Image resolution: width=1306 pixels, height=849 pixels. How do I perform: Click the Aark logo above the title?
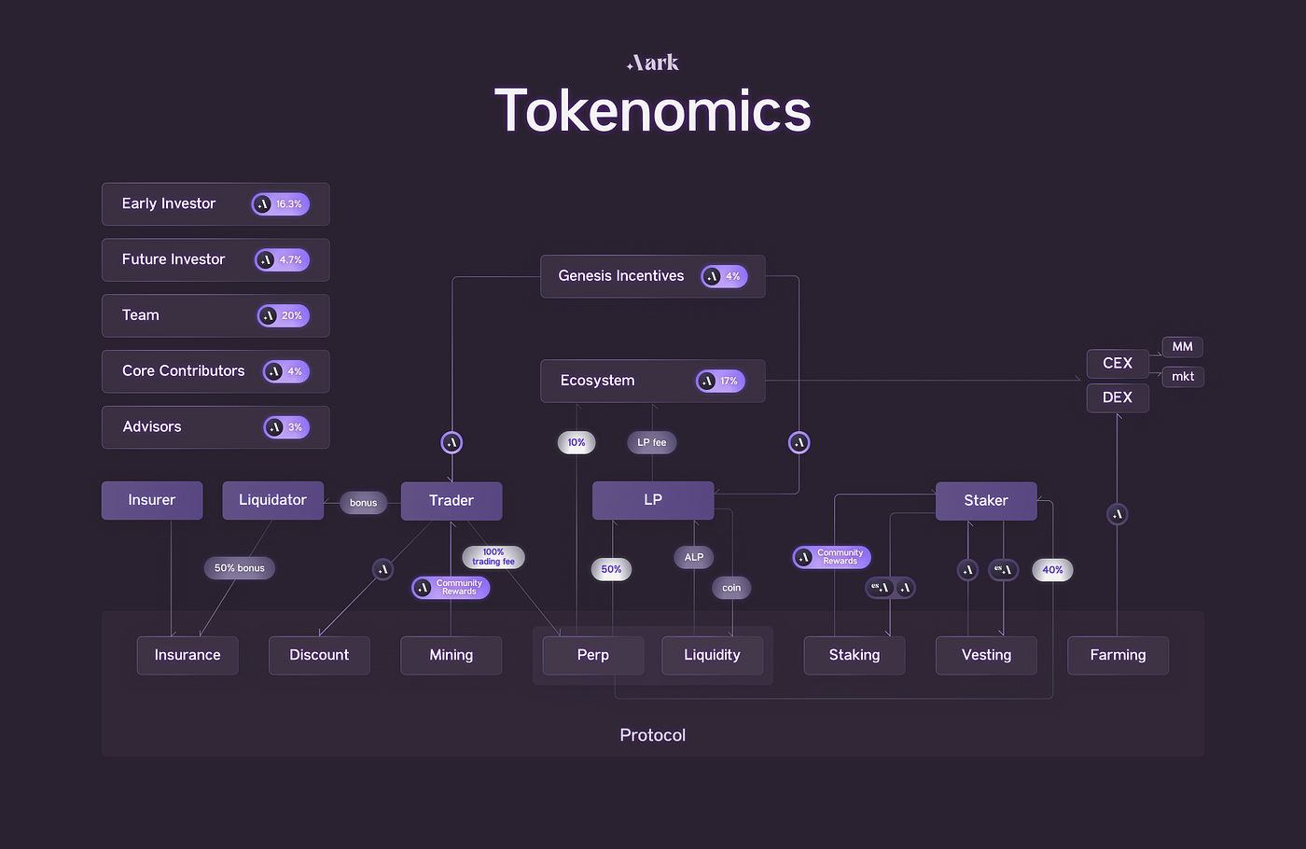(x=653, y=63)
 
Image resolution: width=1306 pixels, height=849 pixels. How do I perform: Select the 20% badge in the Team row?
(x=284, y=315)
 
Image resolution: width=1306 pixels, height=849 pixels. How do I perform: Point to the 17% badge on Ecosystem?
(x=720, y=381)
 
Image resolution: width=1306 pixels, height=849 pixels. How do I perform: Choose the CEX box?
(x=1117, y=363)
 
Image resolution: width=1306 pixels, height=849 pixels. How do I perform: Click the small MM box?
(x=1182, y=346)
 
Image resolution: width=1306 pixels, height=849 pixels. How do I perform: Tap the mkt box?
(x=1182, y=376)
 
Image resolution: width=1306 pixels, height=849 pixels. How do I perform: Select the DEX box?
(x=1117, y=397)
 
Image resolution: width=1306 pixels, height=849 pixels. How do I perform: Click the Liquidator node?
(x=272, y=500)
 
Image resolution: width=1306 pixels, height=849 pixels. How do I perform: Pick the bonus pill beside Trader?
(x=363, y=503)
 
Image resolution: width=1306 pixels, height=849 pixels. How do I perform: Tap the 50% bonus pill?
(x=239, y=567)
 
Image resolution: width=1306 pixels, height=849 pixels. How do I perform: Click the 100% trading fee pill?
(x=493, y=557)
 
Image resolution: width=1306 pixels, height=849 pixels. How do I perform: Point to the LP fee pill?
(x=651, y=442)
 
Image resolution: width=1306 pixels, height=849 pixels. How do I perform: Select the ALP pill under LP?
(x=693, y=557)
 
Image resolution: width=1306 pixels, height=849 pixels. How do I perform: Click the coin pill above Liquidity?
(x=731, y=588)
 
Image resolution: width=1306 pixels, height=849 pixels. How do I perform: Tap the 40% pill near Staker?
(x=1052, y=569)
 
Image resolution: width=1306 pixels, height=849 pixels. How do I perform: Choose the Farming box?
(x=1117, y=655)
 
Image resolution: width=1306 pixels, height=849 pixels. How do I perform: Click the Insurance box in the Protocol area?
(x=188, y=655)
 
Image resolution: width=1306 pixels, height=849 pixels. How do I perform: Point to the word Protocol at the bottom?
(x=652, y=735)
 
